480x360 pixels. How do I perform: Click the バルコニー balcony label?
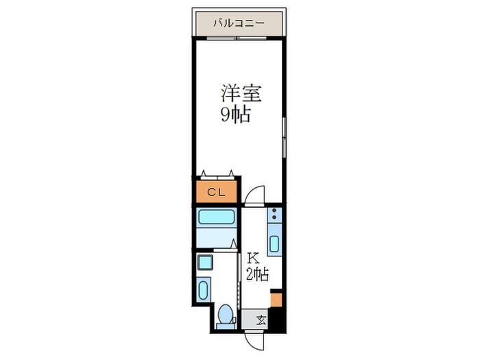238,23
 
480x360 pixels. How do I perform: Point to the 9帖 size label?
235,115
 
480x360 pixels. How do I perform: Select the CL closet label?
217,191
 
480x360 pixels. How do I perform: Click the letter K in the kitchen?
252,259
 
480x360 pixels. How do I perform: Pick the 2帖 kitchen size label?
257,275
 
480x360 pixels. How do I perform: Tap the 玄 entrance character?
261,320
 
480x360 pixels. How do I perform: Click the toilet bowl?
224,316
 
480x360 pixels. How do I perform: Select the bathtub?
217,219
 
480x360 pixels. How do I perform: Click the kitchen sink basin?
274,243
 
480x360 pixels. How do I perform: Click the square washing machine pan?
205,263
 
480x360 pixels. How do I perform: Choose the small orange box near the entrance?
276,299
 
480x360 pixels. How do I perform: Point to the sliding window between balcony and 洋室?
238,38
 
